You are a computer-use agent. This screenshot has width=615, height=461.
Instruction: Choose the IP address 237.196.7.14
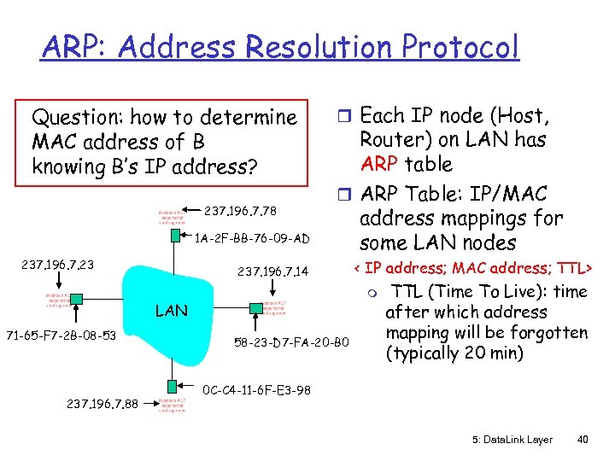(x=273, y=272)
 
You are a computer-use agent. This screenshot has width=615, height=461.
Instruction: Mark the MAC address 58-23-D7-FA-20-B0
(x=291, y=343)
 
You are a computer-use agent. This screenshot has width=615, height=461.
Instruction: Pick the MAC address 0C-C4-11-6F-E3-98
(x=256, y=390)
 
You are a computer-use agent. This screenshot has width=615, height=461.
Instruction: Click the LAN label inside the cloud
(x=172, y=311)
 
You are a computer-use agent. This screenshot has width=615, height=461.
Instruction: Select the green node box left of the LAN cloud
(x=77, y=300)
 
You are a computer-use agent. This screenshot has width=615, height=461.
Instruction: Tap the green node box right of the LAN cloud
(x=257, y=307)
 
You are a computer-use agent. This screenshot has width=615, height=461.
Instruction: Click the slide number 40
(x=583, y=440)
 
